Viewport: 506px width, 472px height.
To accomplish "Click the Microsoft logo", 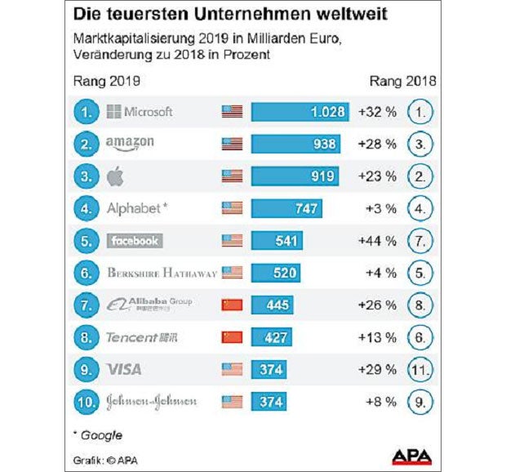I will pyautogui.click(x=140, y=112).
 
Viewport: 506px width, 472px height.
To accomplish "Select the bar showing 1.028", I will pyautogui.click(x=300, y=112).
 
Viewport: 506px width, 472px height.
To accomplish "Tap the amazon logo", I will pyautogui.click(x=130, y=144).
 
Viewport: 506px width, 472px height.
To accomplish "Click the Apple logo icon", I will pyautogui.click(x=115, y=176).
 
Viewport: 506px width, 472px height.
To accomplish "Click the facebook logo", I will pyautogui.click(x=135, y=240).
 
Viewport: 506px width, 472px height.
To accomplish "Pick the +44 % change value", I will pyautogui.click(x=377, y=240).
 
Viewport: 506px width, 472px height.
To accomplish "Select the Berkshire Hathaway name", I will pyautogui.click(x=162, y=273).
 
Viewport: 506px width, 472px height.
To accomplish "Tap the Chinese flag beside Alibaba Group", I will pyautogui.click(x=232, y=305).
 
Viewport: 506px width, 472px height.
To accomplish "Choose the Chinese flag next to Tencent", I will pyautogui.click(x=232, y=336).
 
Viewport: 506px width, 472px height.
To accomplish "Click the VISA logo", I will pyautogui.click(x=124, y=369).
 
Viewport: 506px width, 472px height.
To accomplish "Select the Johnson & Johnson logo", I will pyautogui.click(x=151, y=401).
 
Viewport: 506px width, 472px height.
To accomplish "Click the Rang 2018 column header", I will pyautogui.click(x=402, y=81).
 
